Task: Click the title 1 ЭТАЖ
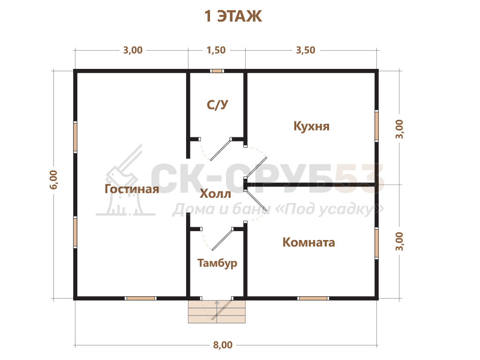pos(233,16)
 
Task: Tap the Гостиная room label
pos(132,189)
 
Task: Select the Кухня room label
pos(311,126)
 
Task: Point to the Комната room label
pos(308,242)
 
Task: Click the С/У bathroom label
pos(217,105)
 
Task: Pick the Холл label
pos(215,194)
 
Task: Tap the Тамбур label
pos(217,263)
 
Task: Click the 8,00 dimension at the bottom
pos(223,345)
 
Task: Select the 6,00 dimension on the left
pos(53,180)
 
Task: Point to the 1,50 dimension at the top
pos(216,50)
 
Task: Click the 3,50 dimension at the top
pos(306,50)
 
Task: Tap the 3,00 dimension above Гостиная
pos(133,50)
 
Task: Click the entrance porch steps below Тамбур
pos(217,312)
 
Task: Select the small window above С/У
pos(217,71)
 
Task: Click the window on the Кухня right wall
pos(377,126)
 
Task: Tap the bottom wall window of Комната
pos(313,298)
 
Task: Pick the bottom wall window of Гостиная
pos(141,298)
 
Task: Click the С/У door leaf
pos(221,150)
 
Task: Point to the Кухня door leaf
pos(256,167)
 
